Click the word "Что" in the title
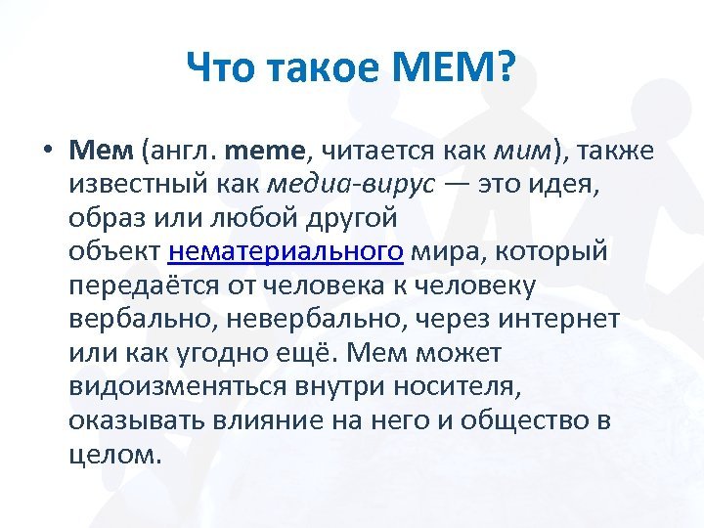(222, 66)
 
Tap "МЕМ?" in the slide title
(453, 66)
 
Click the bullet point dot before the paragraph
(49, 149)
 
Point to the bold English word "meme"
(264, 151)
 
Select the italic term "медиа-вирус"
(351, 183)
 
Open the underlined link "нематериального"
(286, 251)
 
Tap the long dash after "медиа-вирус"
(457, 184)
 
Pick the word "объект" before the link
(114, 250)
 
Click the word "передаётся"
(145, 286)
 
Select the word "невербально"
(314, 319)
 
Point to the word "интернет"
(559, 320)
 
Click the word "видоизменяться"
(178, 386)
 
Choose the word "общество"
(524, 420)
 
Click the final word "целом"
(115, 456)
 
